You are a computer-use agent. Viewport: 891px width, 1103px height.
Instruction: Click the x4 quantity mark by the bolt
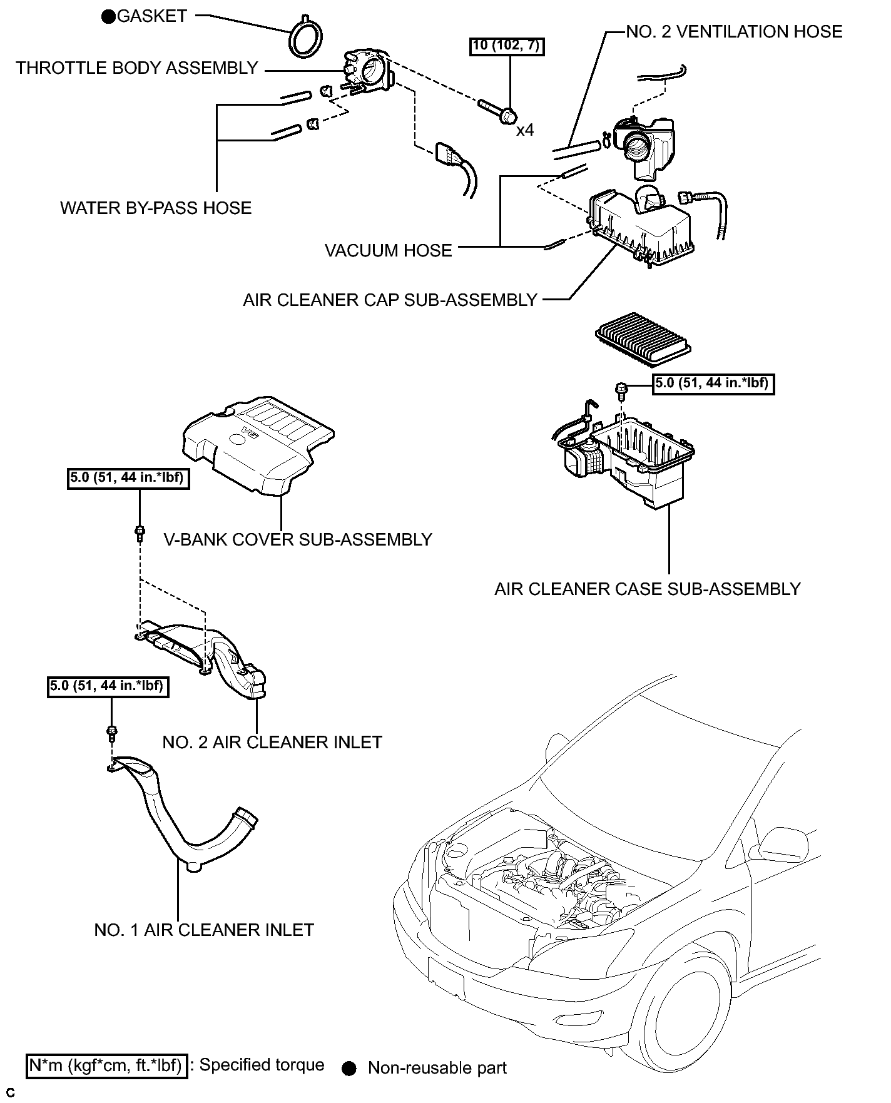(x=525, y=130)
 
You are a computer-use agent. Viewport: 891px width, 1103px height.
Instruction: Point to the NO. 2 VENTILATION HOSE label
(x=734, y=32)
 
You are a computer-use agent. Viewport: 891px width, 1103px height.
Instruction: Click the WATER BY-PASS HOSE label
(x=156, y=208)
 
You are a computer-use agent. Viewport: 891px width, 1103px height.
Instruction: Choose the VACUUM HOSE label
(x=388, y=250)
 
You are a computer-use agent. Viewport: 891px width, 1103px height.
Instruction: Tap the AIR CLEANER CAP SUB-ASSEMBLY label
(x=390, y=300)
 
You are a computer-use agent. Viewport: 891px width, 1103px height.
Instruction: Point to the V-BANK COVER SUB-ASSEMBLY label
(x=298, y=539)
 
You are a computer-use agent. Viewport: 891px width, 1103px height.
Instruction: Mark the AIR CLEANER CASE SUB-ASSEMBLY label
(x=648, y=589)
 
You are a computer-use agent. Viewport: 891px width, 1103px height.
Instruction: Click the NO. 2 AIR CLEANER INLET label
(x=272, y=742)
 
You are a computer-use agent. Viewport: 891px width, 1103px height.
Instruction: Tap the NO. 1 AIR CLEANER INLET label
(x=204, y=930)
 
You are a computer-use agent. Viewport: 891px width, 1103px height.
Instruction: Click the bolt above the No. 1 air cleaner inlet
(x=112, y=731)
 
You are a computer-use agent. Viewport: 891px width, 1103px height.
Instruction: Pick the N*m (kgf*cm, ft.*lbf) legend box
(x=106, y=1065)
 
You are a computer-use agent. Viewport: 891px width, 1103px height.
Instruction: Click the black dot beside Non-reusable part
(x=350, y=1069)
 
